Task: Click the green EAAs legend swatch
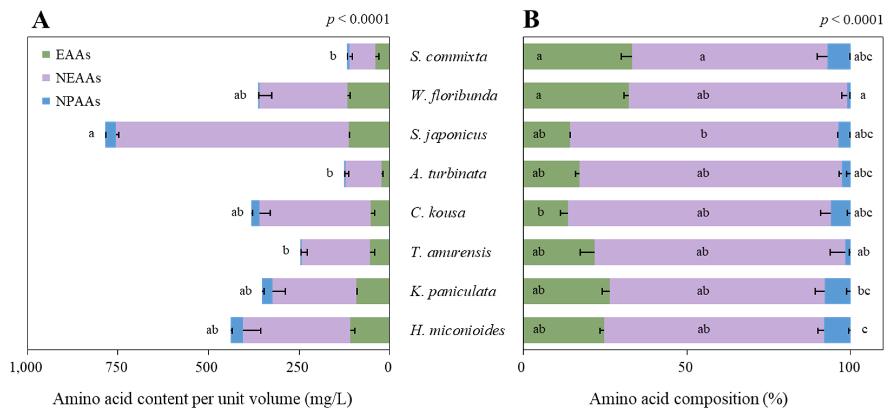[x=46, y=54]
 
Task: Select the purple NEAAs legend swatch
[x=46, y=78]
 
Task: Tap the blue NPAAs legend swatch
[x=46, y=101]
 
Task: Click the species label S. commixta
[x=448, y=57]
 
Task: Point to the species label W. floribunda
[x=454, y=95]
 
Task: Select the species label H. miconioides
[x=457, y=330]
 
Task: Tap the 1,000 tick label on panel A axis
[x=26, y=367]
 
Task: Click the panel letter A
[x=41, y=20]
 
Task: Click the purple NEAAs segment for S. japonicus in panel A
[x=232, y=135]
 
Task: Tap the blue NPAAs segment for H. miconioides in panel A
[x=237, y=330]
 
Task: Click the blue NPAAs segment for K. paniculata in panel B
[x=837, y=291]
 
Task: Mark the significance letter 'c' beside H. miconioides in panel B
[x=864, y=330]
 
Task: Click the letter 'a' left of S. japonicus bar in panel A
[x=91, y=133]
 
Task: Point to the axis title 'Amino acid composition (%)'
[x=688, y=399]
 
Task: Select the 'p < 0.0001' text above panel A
[x=358, y=19]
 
